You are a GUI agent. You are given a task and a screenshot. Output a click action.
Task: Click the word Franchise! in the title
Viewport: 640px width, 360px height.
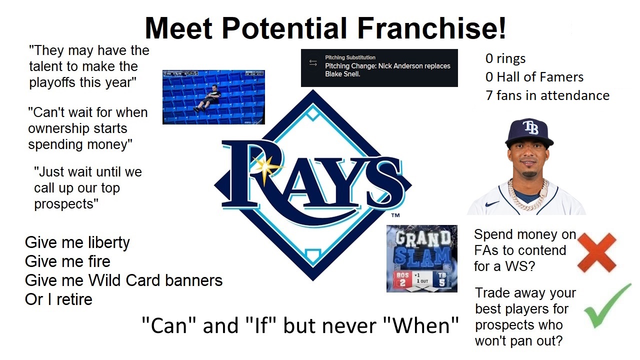(x=431, y=28)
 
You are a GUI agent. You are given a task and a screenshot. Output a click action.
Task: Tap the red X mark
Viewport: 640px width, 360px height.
(x=596, y=252)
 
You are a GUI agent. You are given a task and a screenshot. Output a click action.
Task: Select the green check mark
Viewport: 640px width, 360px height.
(x=607, y=307)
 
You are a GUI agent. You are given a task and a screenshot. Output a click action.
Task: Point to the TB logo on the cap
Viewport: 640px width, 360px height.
(x=530, y=127)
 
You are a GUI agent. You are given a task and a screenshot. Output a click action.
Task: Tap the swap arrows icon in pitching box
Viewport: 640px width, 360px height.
(x=313, y=63)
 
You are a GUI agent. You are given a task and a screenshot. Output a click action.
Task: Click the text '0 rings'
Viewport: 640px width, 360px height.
(x=505, y=58)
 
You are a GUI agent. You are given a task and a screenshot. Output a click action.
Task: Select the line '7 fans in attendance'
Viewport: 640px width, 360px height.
(x=547, y=95)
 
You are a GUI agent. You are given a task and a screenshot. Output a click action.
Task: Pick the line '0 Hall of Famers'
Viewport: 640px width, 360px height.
(x=534, y=77)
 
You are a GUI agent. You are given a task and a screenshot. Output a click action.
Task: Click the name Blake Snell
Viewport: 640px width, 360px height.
(x=342, y=74)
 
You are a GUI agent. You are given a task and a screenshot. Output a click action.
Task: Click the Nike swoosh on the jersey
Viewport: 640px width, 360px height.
(x=492, y=203)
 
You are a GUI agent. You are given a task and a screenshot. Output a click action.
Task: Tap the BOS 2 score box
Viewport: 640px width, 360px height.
(x=402, y=279)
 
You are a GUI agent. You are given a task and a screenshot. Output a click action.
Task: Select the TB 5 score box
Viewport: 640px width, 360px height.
(x=441, y=279)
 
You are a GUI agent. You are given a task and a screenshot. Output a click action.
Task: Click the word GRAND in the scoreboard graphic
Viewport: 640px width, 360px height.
(x=423, y=238)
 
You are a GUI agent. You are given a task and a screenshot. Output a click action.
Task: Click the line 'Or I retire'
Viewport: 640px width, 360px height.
(x=58, y=299)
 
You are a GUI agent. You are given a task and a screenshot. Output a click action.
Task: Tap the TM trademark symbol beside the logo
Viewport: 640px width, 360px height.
(x=395, y=215)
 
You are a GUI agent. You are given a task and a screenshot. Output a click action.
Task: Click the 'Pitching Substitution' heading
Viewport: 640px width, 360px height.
(x=350, y=57)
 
